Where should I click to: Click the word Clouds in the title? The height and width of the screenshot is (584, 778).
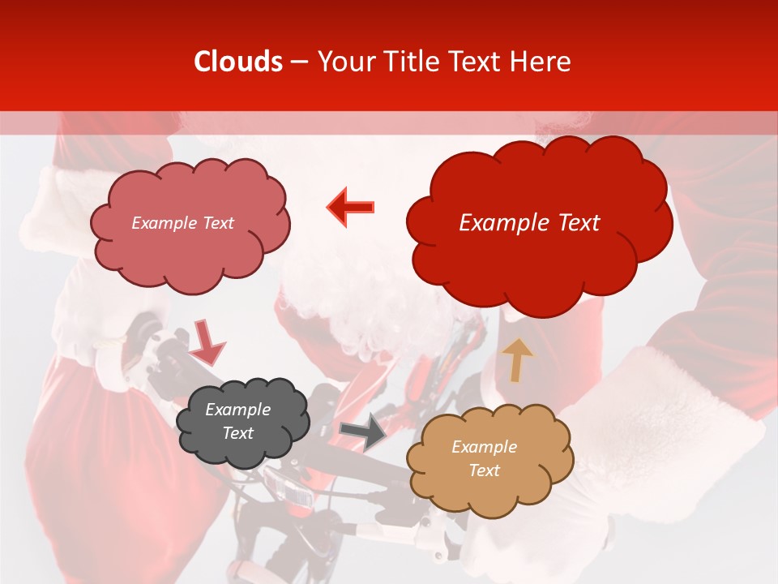point(238,62)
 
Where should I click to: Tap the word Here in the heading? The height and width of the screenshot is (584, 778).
point(541,62)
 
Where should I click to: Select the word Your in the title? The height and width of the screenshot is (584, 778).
point(347,62)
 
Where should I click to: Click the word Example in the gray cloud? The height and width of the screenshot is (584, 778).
point(237,410)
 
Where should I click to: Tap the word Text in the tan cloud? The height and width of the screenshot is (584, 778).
point(484,470)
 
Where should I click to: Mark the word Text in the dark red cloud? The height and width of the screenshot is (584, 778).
point(575,223)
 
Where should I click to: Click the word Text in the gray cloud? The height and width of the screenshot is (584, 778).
point(237,433)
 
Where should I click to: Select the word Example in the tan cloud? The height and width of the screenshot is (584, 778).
point(484,447)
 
